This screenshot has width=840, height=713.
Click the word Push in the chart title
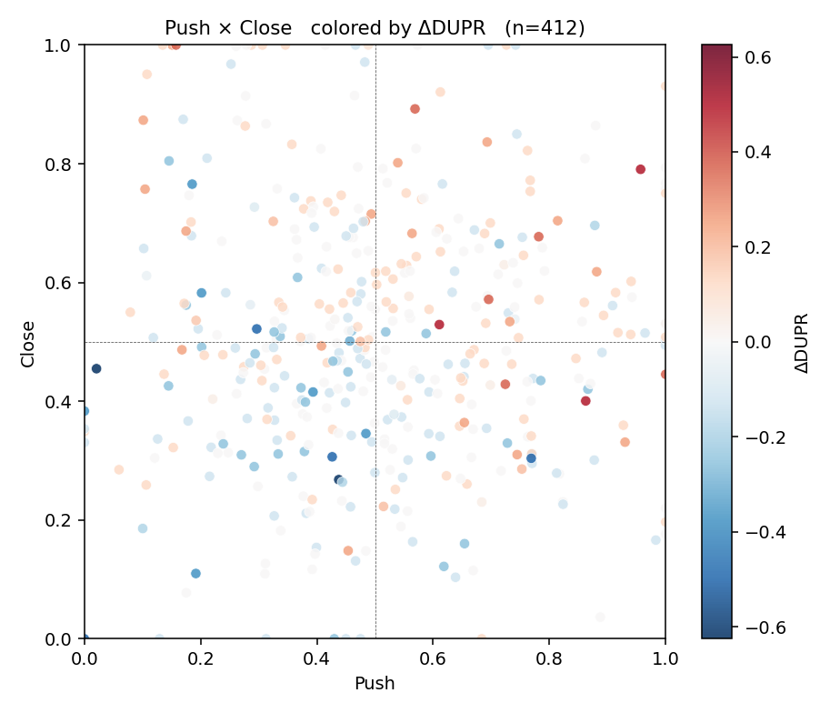[x=187, y=28]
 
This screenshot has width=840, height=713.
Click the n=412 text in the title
[x=545, y=28]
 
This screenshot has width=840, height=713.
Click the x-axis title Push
[x=375, y=684]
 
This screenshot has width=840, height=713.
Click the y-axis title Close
[x=27, y=344]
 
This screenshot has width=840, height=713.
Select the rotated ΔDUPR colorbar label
[x=802, y=343]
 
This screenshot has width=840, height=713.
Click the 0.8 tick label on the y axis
[x=58, y=164]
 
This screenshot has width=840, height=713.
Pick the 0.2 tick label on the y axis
[x=58, y=520]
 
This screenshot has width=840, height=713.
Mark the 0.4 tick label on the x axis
[x=316, y=658]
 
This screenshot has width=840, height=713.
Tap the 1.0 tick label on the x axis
[x=665, y=658]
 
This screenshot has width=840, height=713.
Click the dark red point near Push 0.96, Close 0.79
[x=640, y=169]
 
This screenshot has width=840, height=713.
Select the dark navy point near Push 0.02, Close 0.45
[x=96, y=368]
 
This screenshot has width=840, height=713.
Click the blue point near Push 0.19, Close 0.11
[x=195, y=574]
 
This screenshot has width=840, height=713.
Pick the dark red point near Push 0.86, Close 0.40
[x=585, y=401]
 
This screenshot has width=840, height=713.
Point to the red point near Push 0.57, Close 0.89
[x=415, y=109]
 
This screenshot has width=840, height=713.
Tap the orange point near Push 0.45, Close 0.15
[x=347, y=550]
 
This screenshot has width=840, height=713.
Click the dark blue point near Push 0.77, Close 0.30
[x=531, y=458]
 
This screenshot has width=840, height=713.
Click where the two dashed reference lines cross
[x=375, y=342]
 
